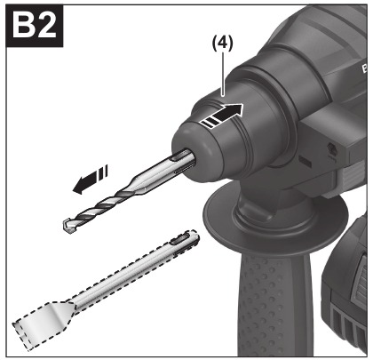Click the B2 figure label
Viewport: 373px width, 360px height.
coord(35,27)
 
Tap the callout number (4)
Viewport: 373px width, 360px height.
coord(222,44)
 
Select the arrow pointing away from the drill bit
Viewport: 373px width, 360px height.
coord(91,180)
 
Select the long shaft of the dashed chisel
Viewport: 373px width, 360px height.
coord(124,273)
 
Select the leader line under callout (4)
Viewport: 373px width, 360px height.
coord(223,73)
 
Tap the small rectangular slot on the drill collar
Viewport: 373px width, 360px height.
coord(305,161)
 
